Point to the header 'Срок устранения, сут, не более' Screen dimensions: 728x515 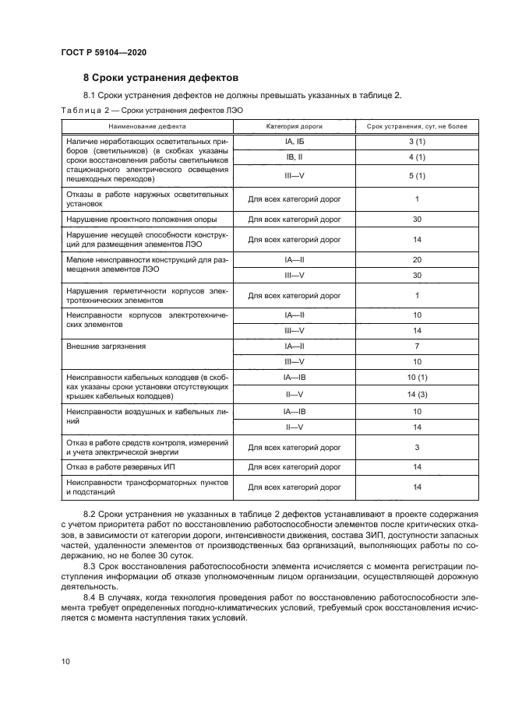[417, 125]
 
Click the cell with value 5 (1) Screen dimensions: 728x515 [417, 175]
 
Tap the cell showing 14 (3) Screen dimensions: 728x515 [417, 394]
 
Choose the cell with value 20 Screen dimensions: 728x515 [417, 258]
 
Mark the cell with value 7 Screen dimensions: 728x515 [417, 345]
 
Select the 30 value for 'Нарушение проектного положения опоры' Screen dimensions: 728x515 [417, 220]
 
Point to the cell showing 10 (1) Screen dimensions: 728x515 [417, 378]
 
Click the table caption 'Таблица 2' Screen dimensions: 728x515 [83, 110]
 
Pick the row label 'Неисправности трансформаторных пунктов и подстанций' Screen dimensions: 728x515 [147, 487]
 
